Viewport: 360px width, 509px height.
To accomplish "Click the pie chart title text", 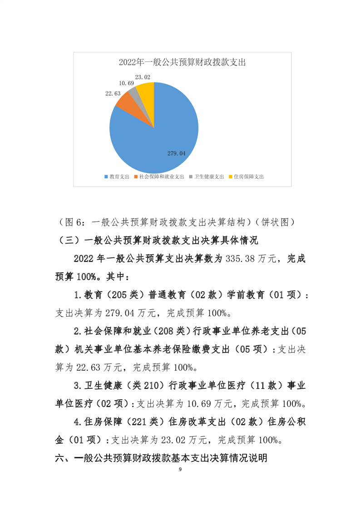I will point(182,63).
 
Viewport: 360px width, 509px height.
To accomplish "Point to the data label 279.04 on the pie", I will point(177,154).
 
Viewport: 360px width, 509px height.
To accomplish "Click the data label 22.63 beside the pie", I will point(113,93).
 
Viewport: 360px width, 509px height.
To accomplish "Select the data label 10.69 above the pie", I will point(126,83).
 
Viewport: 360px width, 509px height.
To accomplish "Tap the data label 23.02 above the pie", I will point(143,77).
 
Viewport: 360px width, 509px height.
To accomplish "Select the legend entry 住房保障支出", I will point(248,176).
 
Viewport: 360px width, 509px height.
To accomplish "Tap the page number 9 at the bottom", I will point(180,469).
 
